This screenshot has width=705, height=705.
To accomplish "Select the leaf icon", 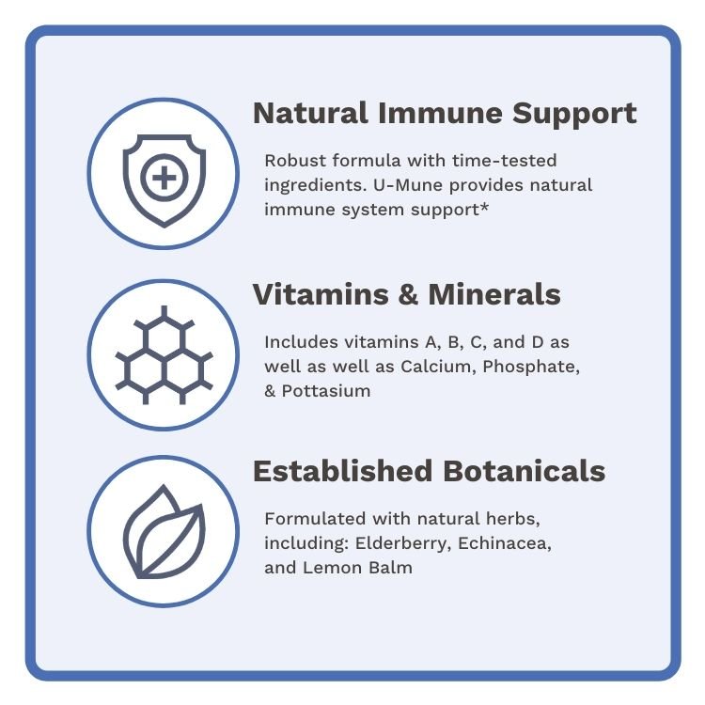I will pos(164,532).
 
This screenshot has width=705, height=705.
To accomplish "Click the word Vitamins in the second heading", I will pos(320,295).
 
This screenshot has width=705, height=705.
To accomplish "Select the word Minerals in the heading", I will pos(494,295).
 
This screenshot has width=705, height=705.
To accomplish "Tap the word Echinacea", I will pos(510,543).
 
